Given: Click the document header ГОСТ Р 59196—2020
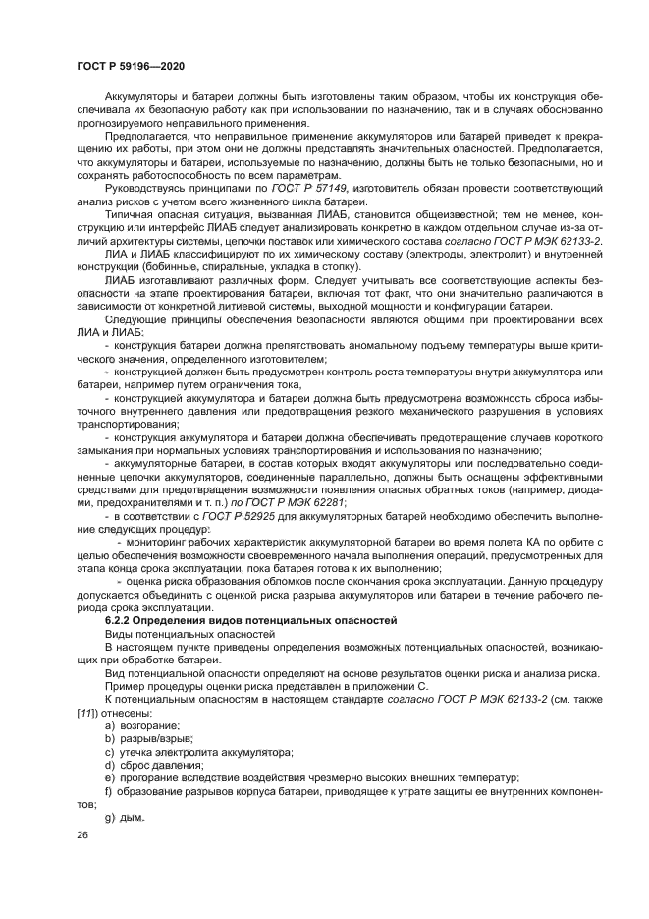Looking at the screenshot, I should tap(132, 65).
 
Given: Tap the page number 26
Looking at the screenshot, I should tap(82, 833).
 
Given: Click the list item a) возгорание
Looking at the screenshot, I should tap(141, 724).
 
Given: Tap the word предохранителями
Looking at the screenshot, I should tap(123, 501).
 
